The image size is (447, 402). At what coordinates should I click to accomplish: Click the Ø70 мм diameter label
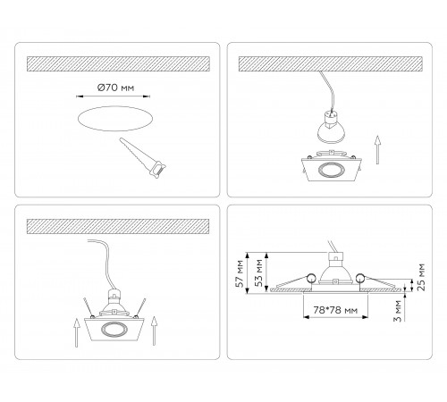(x=115, y=88)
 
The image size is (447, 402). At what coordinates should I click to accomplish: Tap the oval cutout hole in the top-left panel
(x=115, y=119)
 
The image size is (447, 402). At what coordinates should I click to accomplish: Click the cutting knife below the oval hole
(x=142, y=158)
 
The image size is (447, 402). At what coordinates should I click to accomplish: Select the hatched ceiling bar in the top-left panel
(x=118, y=63)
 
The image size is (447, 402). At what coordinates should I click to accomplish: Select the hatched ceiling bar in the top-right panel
(x=331, y=63)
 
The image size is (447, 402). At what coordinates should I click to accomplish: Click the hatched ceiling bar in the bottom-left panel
(x=118, y=226)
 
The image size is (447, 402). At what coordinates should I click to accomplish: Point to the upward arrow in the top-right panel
(x=377, y=150)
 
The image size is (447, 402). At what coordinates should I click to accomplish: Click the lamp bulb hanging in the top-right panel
(x=331, y=127)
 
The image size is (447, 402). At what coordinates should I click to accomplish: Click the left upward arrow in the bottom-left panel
(x=77, y=332)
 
